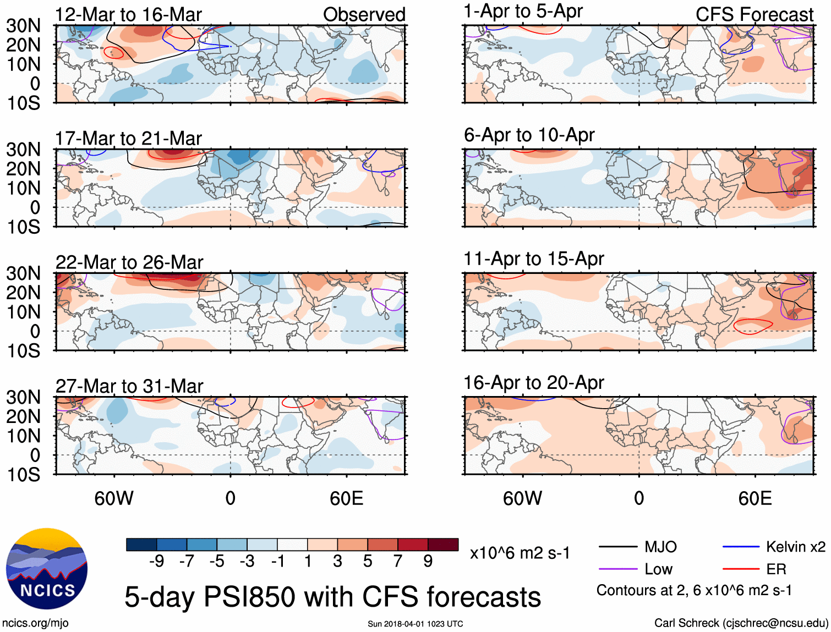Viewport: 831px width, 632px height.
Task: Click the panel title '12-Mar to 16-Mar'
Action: (x=128, y=14)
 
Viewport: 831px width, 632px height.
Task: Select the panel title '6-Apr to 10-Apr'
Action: (x=529, y=135)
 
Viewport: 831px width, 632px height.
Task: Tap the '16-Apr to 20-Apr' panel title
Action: (x=533, y=382)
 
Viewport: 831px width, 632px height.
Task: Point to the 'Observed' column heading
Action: (x=364, y=14)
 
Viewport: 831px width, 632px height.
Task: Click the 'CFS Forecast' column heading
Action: (x=754, y=14)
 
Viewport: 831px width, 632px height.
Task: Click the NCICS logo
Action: (x=47, y=569)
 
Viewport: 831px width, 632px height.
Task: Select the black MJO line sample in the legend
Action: (x=618, y=547)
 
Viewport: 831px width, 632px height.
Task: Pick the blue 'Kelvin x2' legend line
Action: (x=741, y=547)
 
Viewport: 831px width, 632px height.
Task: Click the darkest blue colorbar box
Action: (x=141, y=545)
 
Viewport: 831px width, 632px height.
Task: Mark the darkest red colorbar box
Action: (x=443, y=545)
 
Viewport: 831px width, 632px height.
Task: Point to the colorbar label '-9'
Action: (x=156, y=561)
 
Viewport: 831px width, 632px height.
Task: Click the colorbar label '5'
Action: (x=368, y=561)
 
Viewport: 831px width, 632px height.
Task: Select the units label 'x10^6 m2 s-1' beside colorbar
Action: (x=520, y=553)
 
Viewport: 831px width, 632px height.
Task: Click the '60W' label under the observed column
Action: (x=113, y=498)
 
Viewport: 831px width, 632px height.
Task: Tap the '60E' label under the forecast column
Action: (x=755, y=498)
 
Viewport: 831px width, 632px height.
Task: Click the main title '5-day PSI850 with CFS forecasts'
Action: (x=332, y=597)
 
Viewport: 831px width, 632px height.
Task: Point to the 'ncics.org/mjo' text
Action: (x=35, y=623)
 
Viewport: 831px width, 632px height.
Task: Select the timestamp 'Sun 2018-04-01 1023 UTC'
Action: (x=415, y=624)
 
